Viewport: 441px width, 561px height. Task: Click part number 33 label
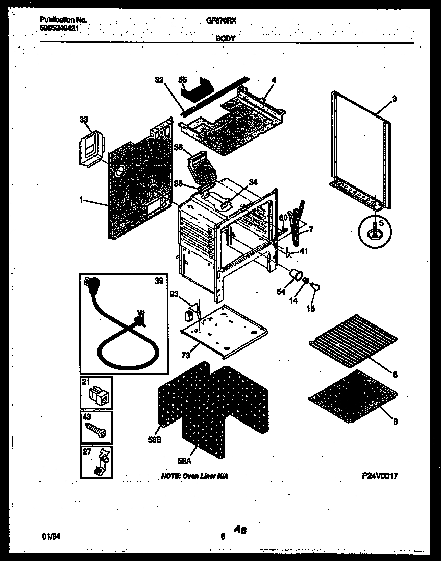(x=83, y=119)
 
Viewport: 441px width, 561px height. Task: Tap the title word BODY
(x=225, y=38)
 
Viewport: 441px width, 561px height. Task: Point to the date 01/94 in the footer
(x=49, y=537)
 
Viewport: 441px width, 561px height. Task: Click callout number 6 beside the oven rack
(x=395, y=374)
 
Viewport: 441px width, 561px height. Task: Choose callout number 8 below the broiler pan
(x=395, y=422)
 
